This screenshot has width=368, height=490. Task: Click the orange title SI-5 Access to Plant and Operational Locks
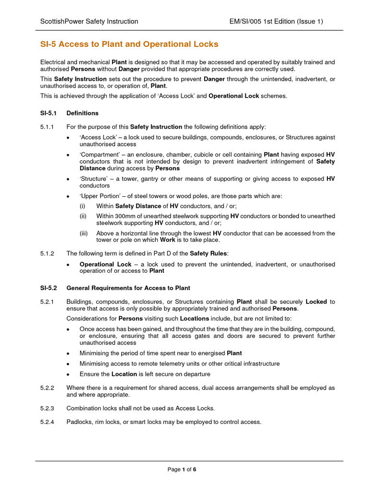(129, 44)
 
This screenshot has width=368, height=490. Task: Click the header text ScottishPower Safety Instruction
(89, 21)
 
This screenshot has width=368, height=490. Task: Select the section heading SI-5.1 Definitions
(69, 113)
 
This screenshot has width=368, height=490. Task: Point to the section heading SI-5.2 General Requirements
(115, 288)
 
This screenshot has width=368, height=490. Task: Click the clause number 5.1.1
(47, 127)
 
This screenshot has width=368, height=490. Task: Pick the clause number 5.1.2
(47, 253)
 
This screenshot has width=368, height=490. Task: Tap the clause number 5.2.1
(47, 302)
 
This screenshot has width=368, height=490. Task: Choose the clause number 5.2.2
(47, 388)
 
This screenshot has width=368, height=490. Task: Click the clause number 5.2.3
(47, 408)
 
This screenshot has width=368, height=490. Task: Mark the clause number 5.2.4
(47, 422)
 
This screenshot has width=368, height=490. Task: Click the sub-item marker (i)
(82, 206)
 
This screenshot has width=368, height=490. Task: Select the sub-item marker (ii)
(83, 216)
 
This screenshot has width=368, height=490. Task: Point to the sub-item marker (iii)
(83, 234)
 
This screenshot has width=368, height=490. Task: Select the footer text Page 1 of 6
(182, 469)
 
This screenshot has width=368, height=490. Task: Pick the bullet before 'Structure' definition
(69, 179)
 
